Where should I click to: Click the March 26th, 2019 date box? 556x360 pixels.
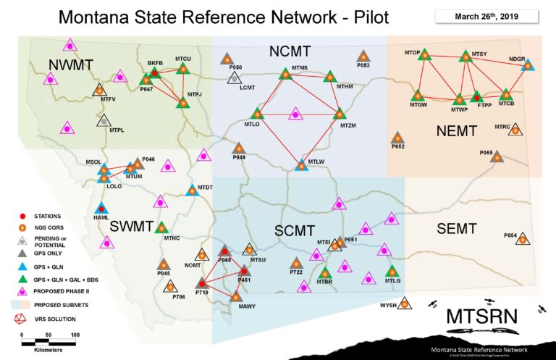[486, 15]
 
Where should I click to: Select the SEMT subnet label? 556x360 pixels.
[457, 229]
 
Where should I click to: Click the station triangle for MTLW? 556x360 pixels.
[302, 165]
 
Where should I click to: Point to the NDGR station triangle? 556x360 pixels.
[528, 66]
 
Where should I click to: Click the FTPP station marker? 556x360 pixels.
[476, 96]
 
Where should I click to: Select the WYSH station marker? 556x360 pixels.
[405, 304]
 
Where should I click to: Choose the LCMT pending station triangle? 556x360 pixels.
[234, 76]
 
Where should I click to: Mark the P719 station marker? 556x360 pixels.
[202, 283]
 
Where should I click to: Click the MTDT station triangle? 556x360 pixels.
[193, 191]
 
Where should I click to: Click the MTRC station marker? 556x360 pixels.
[515, 130]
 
